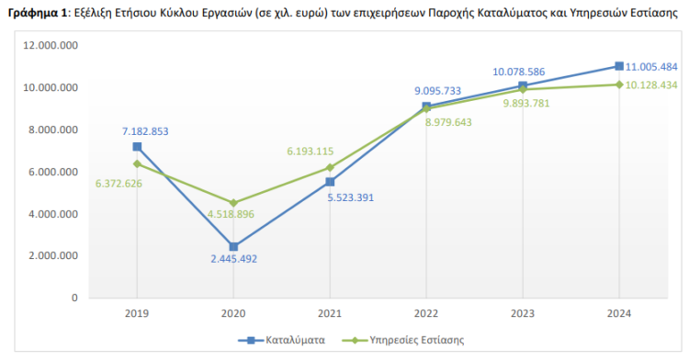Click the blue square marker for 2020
[x=233, y=247]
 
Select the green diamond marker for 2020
[x=233, y=203]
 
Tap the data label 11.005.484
[x=650, y=66]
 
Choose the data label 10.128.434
[x=650, y=85]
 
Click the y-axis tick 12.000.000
[x=53, y=46]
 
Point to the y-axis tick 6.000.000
[x=56, y=172]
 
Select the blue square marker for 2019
[x=137, y=147]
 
